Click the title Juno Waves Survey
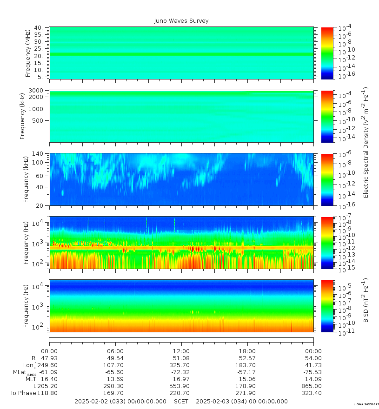[x=181, y=21]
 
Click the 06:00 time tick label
[x=115, y=351]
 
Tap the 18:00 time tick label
[x=247, y=351]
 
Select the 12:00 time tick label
[x=181, y=351]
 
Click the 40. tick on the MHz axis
[x=40, y=27]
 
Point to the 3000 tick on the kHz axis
[x=36, y=91]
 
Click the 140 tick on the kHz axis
[x=38, y=154]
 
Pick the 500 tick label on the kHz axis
[x=38, y=120]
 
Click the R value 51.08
[x=181, y=358]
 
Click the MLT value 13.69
[x=115, y=379]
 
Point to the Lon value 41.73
[x=313, y=365]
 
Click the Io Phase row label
[x=24, y=393]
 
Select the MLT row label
[x=31, y=379]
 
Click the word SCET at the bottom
[x=181, y=401]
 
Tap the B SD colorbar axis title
[x=366, y=301]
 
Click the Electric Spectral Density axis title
[x=366, y=143]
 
